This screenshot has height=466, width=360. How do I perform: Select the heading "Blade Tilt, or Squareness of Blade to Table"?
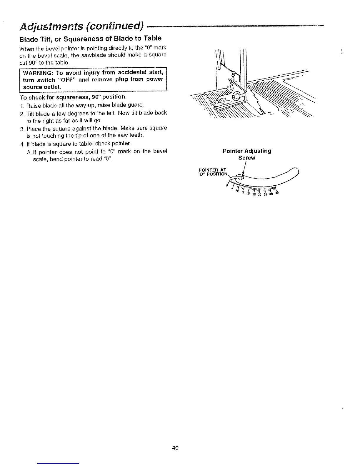[90, 39]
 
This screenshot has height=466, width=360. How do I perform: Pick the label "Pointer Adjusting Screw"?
[247, 154]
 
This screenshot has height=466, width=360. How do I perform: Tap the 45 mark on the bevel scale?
[276, 193]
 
